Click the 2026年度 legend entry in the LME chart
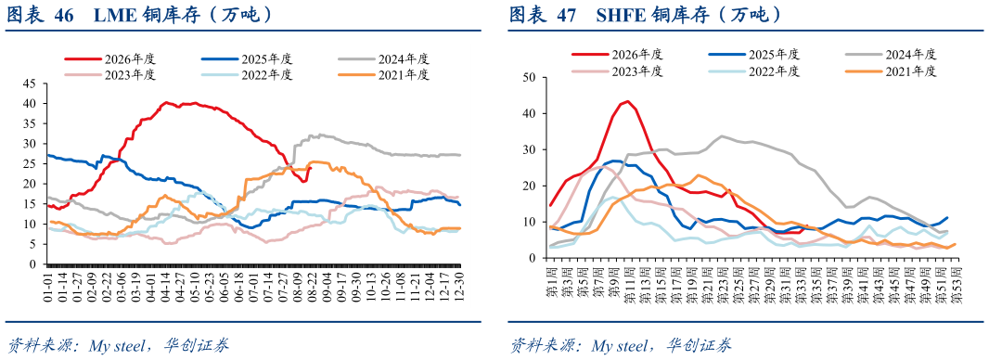pyautogui.click(x=109, y=59)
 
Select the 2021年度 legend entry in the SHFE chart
pyautogui.click(x=880, y=71)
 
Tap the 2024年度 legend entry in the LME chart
pyautogui.click(x=383, y=59)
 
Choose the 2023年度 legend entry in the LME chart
pyautogui.click(x=109, y=74)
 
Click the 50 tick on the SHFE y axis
pyautogui.click(x=529, y=78)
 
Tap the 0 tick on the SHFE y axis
pyautogui.click(x=532, y=258)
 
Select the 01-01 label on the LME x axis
pyautogui.click(x=47, y=287)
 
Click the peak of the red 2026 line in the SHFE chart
pyautogui.click(x=627, y=101)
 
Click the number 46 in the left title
pyautogui.click(x=65, y=15)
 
